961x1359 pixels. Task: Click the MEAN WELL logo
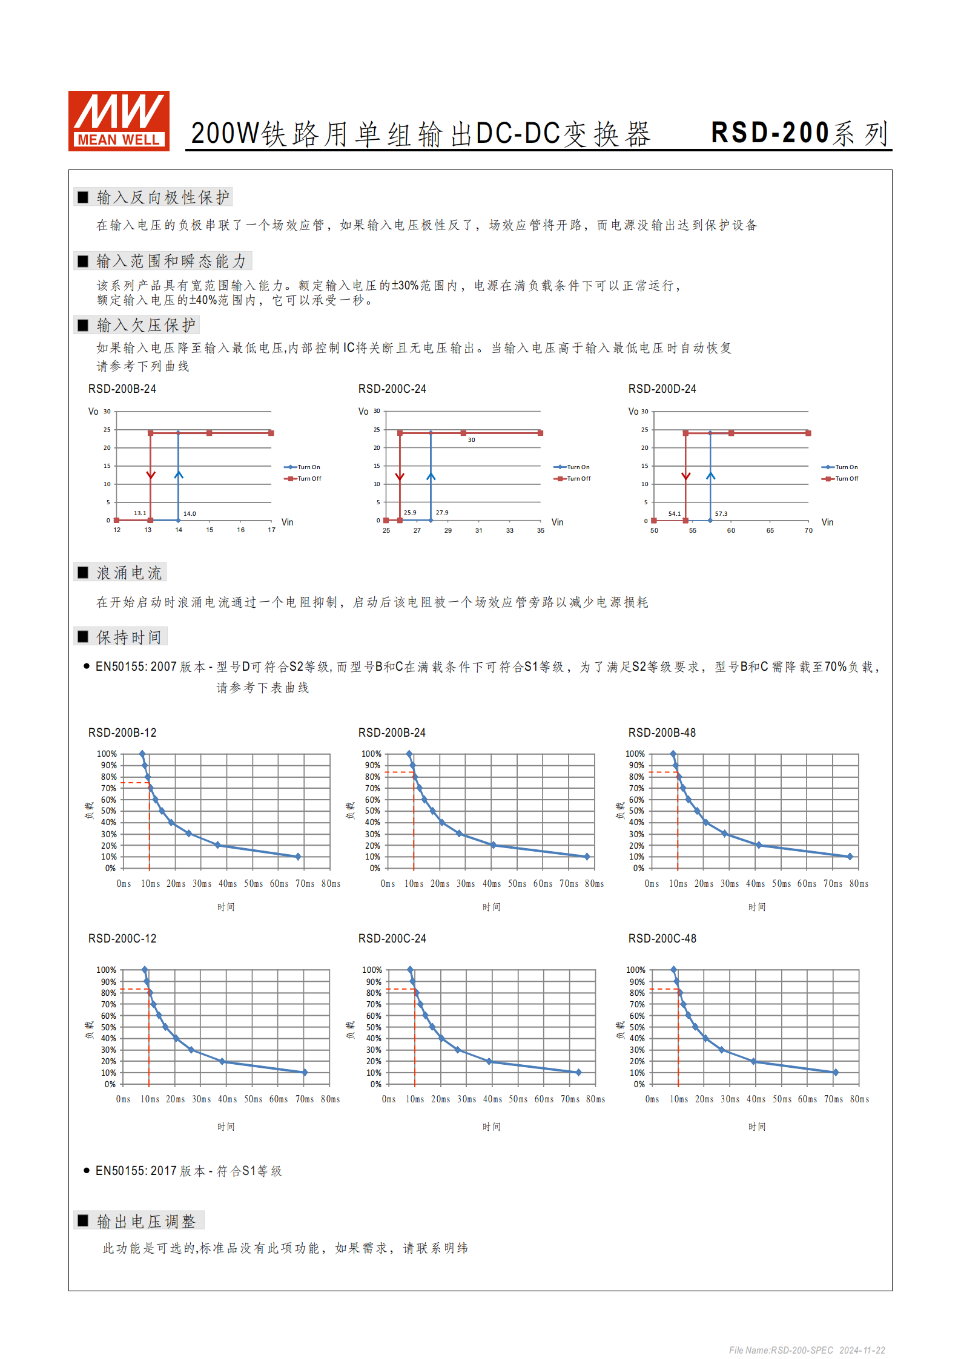(x=119, y=120)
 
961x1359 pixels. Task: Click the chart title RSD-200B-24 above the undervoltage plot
(x=122, y=389)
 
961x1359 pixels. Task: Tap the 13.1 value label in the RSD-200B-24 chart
(x=140, y=513)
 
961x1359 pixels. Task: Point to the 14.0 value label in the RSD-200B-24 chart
(x=190, y=514)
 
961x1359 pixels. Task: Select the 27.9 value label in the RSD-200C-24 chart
(x=442, y=513)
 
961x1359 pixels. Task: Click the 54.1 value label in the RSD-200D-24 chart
(x=675, y=514)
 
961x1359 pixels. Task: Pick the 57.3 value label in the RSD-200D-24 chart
(x=721, y=514)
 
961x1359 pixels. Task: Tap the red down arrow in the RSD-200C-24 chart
(x=400, y=477)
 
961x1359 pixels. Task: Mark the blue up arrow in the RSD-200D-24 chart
(x=711, y=476)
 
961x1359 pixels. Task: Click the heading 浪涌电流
(x=129, y=573)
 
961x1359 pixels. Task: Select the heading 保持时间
(x=129, y=637)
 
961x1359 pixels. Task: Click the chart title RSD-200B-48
(x=662, y=732)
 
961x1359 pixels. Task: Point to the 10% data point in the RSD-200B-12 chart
(x=298, y=857)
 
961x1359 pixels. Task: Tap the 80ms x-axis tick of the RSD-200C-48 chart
(x=859, y=1099)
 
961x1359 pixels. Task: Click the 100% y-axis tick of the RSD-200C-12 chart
(x=106, y=970)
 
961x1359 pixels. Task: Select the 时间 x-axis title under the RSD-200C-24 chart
(x=491, y=1127)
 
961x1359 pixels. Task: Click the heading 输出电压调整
(x=146, y=1221)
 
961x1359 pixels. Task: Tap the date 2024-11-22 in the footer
(x=862, y=1350)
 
